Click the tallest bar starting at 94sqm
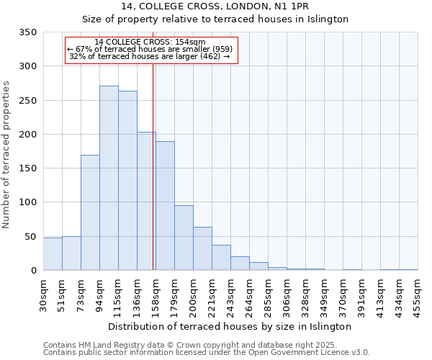coord(109,178)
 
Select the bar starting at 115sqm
coord(127,181)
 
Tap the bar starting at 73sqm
coord(90,212)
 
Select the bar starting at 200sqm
coord(202,248)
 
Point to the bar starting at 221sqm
coord(221,258)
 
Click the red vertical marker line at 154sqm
coord(153,166)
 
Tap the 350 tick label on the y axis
coord(28,32)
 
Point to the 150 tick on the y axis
coord(28,168)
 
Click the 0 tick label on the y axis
coord(33,271)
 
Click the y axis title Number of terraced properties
coord(7,155)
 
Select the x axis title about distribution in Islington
coord(230,326)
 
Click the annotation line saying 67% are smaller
coord(150,49)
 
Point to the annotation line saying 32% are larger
coord(150,56)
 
